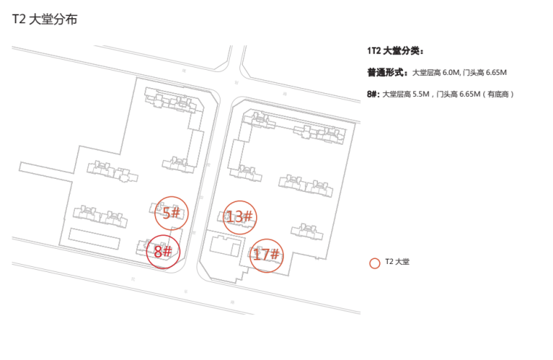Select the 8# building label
162,252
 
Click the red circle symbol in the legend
375,263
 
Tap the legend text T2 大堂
397,263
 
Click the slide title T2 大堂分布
44,20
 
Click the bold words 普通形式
386,72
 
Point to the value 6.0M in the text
450,73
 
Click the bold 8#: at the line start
373,94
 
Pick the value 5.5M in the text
421,95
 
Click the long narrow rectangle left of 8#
95,239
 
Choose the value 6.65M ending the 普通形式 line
493,73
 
